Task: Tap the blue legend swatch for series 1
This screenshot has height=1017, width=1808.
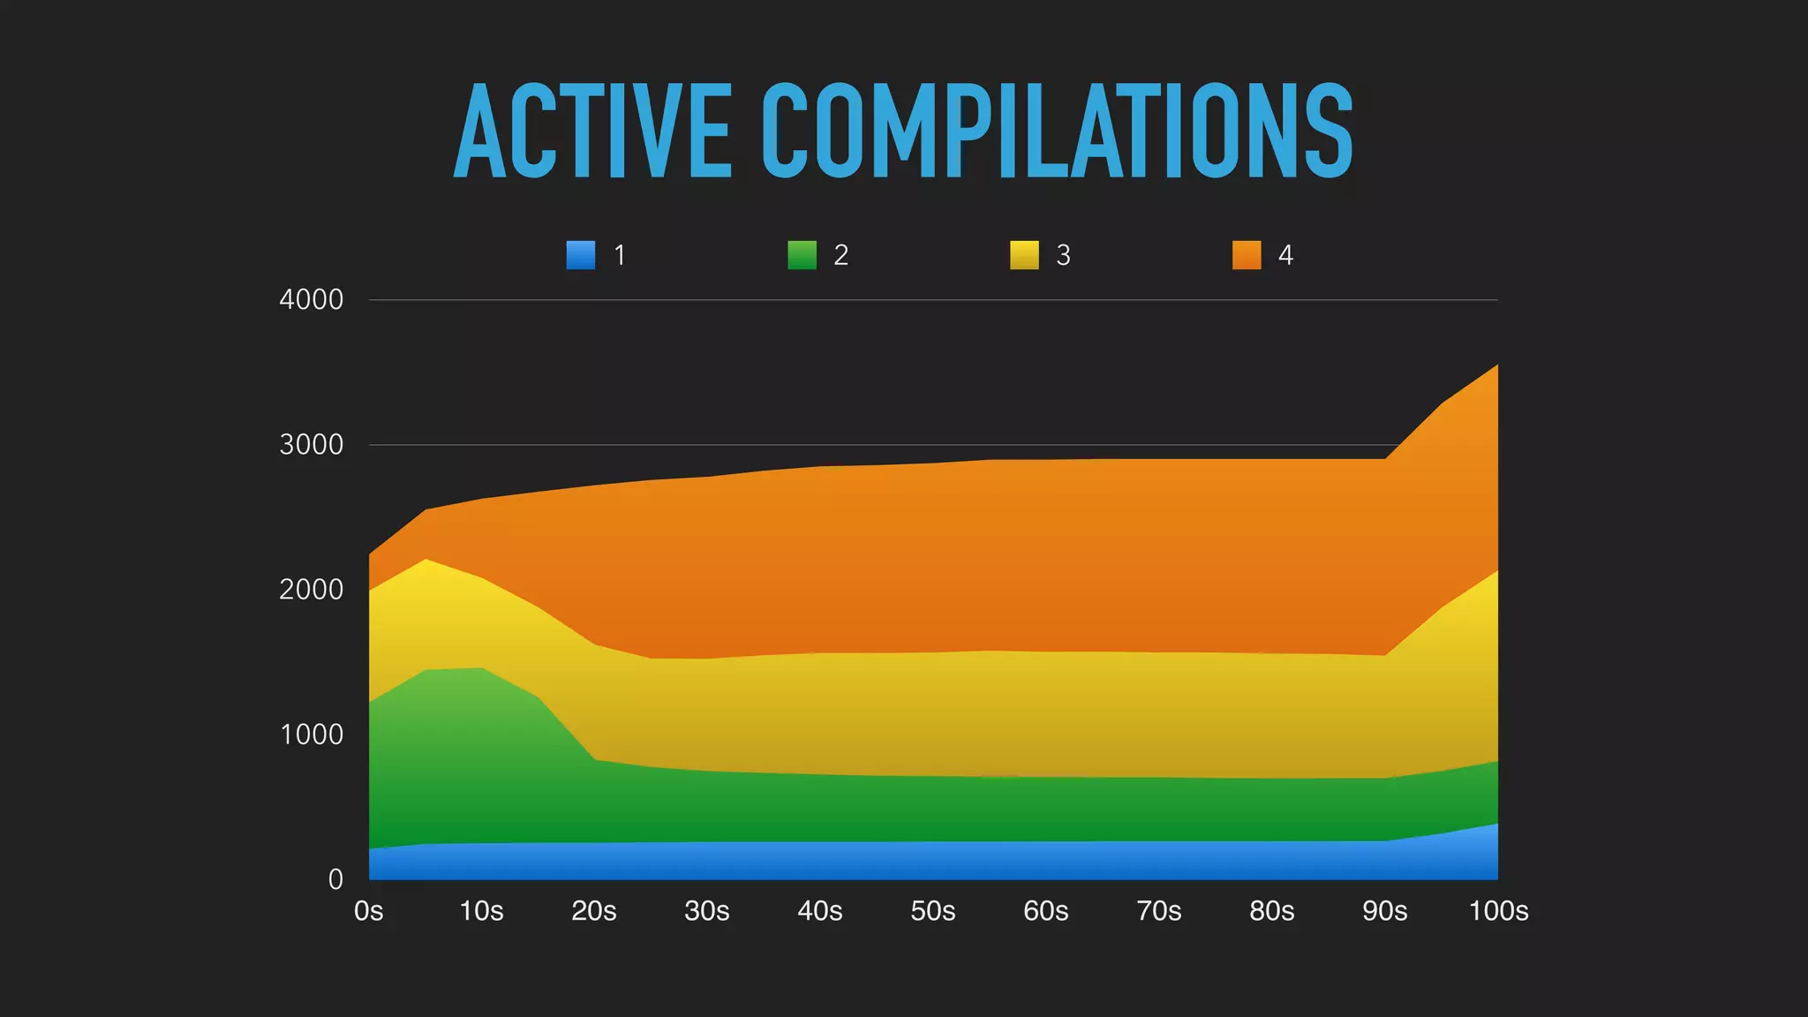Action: (580, 255)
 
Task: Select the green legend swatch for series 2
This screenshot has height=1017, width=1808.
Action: (802, 255)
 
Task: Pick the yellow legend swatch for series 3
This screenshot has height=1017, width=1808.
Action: (1024, 255)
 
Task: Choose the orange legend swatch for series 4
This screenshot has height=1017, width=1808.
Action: (1247, 255)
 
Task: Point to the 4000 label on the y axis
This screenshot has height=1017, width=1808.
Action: (311, 300)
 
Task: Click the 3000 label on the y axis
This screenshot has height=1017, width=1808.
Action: (311, 445)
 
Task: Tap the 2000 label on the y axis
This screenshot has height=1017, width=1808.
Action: (311, 590)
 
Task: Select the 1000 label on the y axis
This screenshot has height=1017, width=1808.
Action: (311, 734)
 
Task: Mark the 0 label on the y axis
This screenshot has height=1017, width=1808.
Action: (335, 879)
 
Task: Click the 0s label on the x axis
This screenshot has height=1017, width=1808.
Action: (368, 911)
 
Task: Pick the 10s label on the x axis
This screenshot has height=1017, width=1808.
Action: (481, 911)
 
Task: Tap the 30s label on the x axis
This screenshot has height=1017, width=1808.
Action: (707, 911)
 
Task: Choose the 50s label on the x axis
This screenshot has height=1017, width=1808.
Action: (933, 911)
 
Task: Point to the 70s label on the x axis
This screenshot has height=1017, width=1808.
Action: (1159, 911)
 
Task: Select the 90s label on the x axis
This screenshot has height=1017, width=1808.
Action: (1385, 911)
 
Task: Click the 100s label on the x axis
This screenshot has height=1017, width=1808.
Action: (1498, 911)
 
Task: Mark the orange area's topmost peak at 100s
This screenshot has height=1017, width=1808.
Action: (1495, 367)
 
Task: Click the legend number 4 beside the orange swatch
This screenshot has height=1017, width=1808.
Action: (1285, 255)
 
